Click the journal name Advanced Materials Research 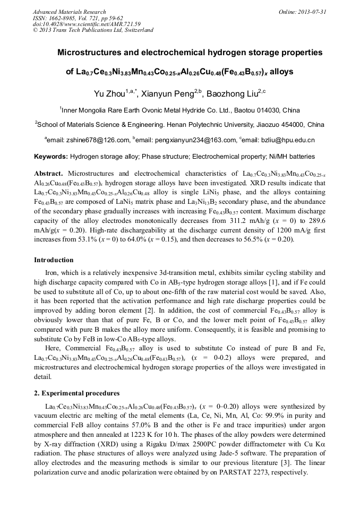click(x=69, y=12)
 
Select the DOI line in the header click(x=87, y=24)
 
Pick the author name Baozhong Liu click(x=232, y=94)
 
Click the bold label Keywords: click(x=51, y=157)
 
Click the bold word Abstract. click(x=48, y=174)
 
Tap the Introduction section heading click(x=54, y=260)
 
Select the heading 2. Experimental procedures click(x=76, y=393)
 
